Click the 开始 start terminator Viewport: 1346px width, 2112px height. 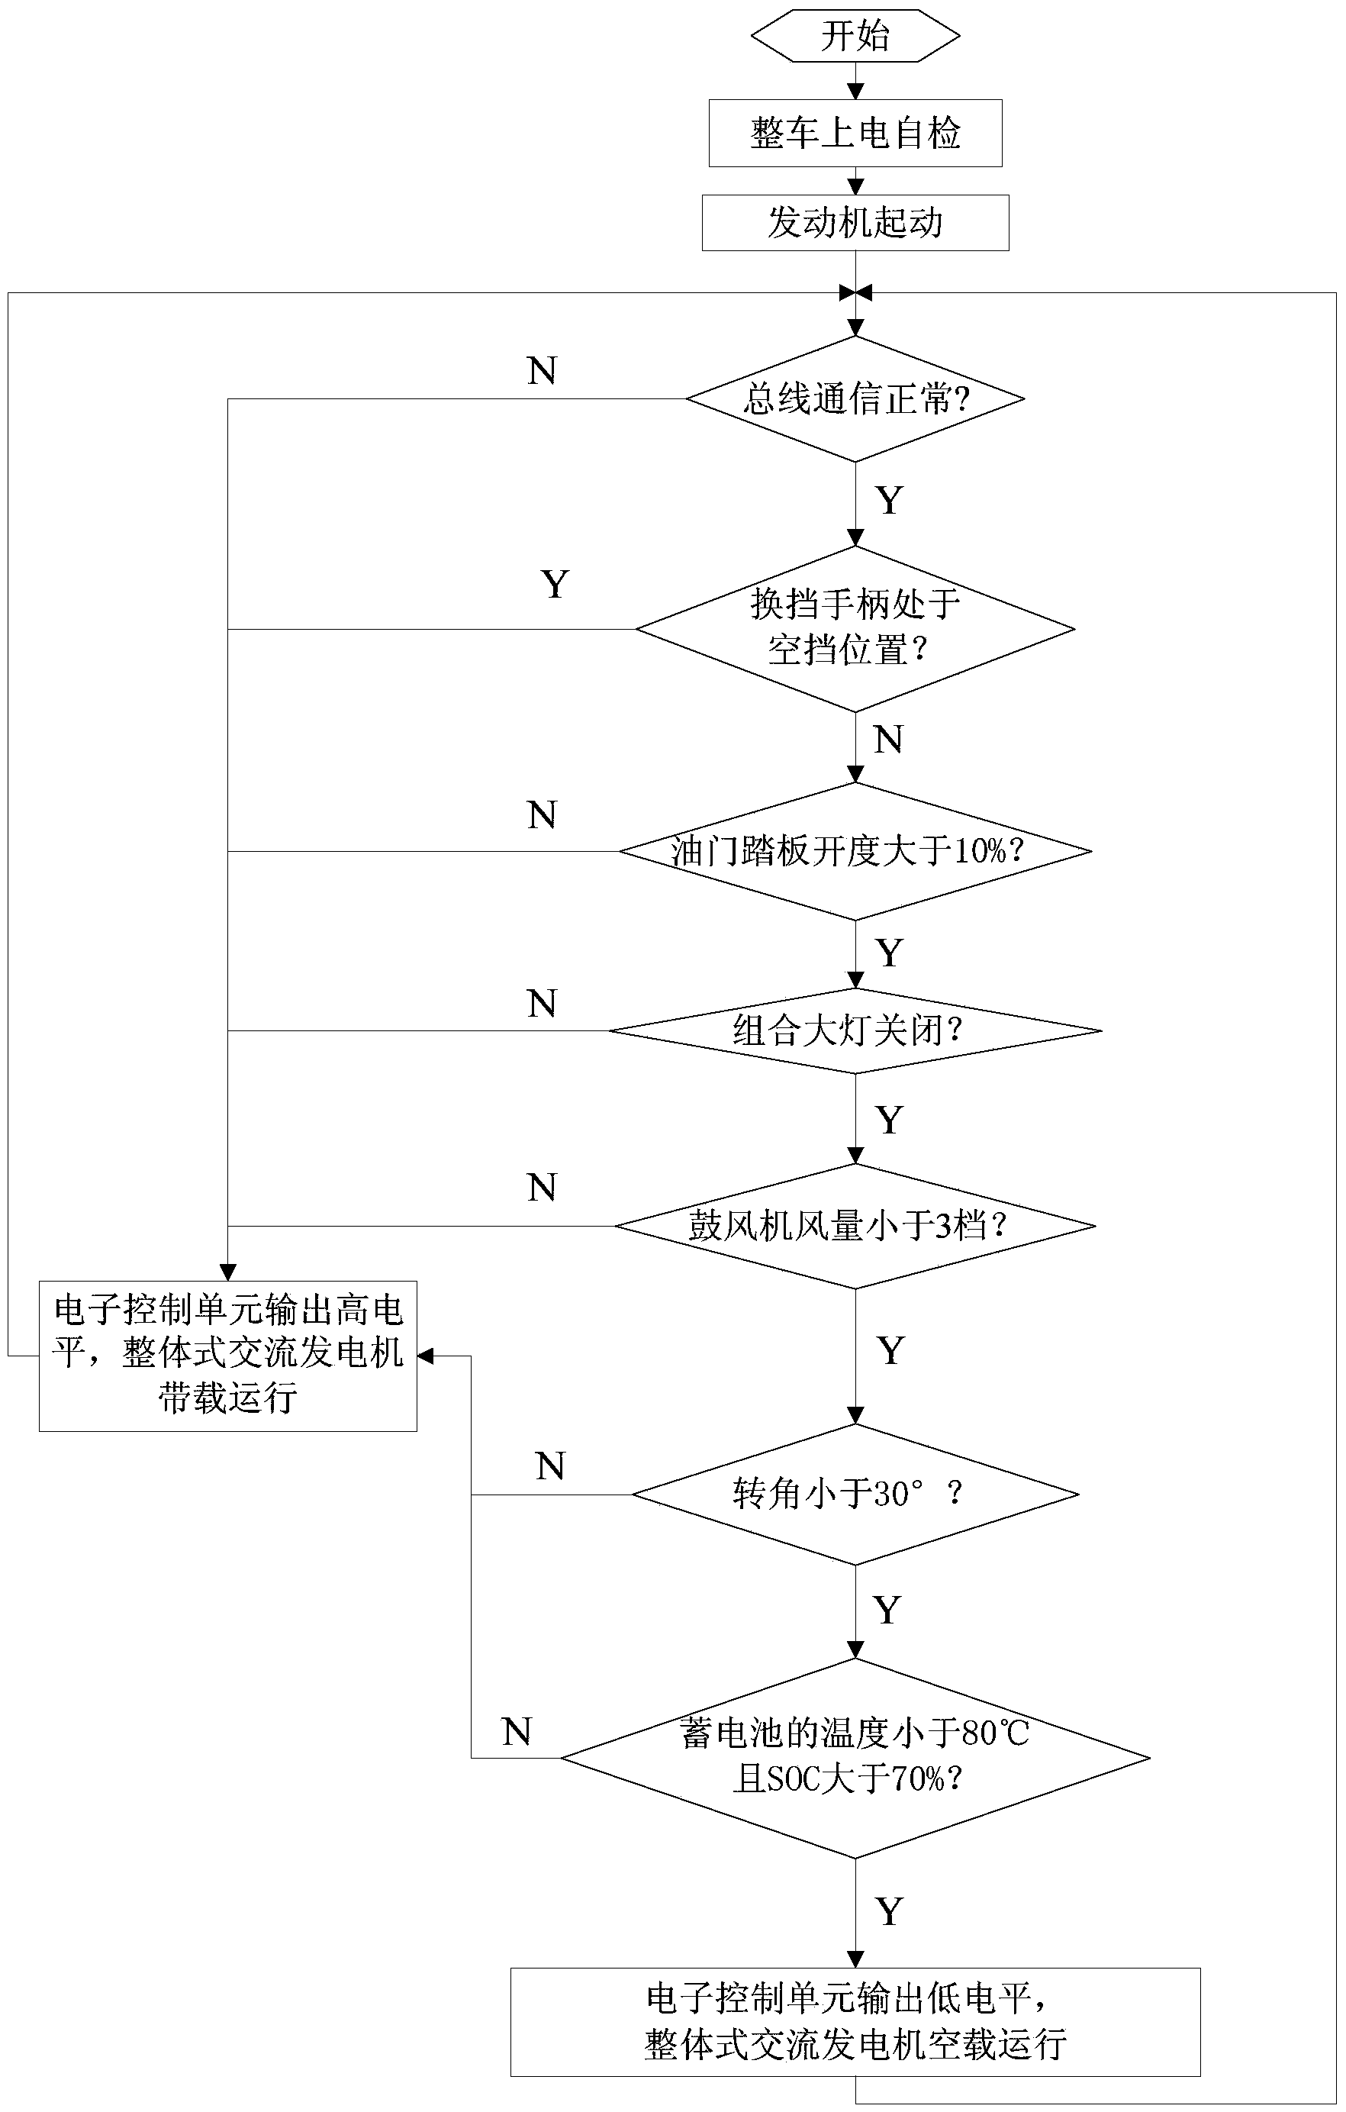click(x=855, y=37)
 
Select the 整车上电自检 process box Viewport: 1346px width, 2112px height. click(x=855, y=134)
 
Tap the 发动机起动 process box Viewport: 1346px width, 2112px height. click(x=855, y=223)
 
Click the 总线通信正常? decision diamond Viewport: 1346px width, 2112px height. click(x=855, y=399)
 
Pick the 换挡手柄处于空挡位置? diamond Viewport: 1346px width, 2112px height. click(x=855, y=628)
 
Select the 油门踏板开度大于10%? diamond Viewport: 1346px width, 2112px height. click(x=855, y=851)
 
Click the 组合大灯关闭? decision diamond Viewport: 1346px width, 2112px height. click(x=855, y=1030)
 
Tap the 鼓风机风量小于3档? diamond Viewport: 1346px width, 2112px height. click(x=855, y=1225)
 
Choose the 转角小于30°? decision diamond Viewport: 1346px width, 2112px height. click(x=855, y=1494)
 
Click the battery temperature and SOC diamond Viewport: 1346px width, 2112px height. click(x=855, y=1757)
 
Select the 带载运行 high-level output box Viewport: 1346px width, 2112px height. click(x=228, y=1355)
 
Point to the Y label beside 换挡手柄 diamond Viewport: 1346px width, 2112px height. click(x=555, y=584)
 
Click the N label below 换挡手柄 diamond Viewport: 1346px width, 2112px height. click(x=888, y=740)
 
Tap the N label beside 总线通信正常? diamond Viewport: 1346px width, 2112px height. click(x=542, y=371)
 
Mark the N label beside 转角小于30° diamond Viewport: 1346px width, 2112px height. click(x=551, y=1466)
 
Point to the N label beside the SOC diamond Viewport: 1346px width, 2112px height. click(x=517, y=1731)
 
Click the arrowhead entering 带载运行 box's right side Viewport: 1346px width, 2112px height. click(x=425, y=1356)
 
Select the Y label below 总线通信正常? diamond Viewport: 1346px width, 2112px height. click(x=889, y=501)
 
